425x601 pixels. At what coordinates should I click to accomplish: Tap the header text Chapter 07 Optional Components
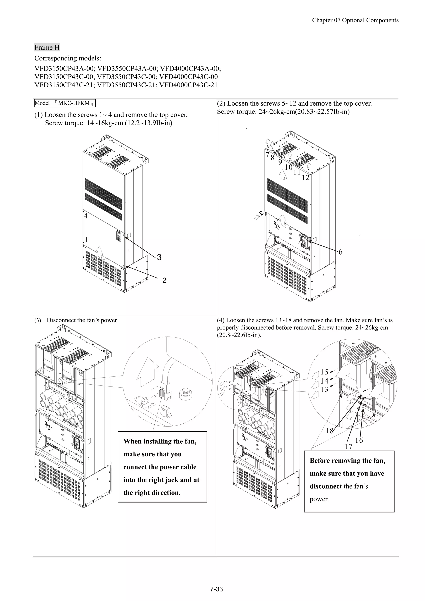(x=355, y=20)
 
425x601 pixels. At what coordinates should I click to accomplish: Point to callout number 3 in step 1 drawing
(x=159, y=257)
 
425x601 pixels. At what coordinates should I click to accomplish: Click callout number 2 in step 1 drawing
(x=164, y=280)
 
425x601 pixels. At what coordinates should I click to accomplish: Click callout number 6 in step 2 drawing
(x=340, y=252)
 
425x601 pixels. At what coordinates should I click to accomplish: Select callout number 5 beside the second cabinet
(x=260, y=214)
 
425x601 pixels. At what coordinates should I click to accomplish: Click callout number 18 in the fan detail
(x=329, y=431)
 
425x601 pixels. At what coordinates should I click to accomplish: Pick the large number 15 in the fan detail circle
(x=324, y=372)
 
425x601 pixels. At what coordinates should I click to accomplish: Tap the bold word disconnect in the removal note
(x=325, y=486)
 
